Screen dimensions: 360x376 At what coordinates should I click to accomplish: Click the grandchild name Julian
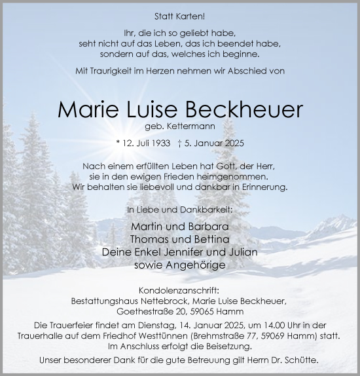[x=241, y=252]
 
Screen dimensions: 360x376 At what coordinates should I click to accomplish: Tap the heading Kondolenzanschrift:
[x=179, y=290]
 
